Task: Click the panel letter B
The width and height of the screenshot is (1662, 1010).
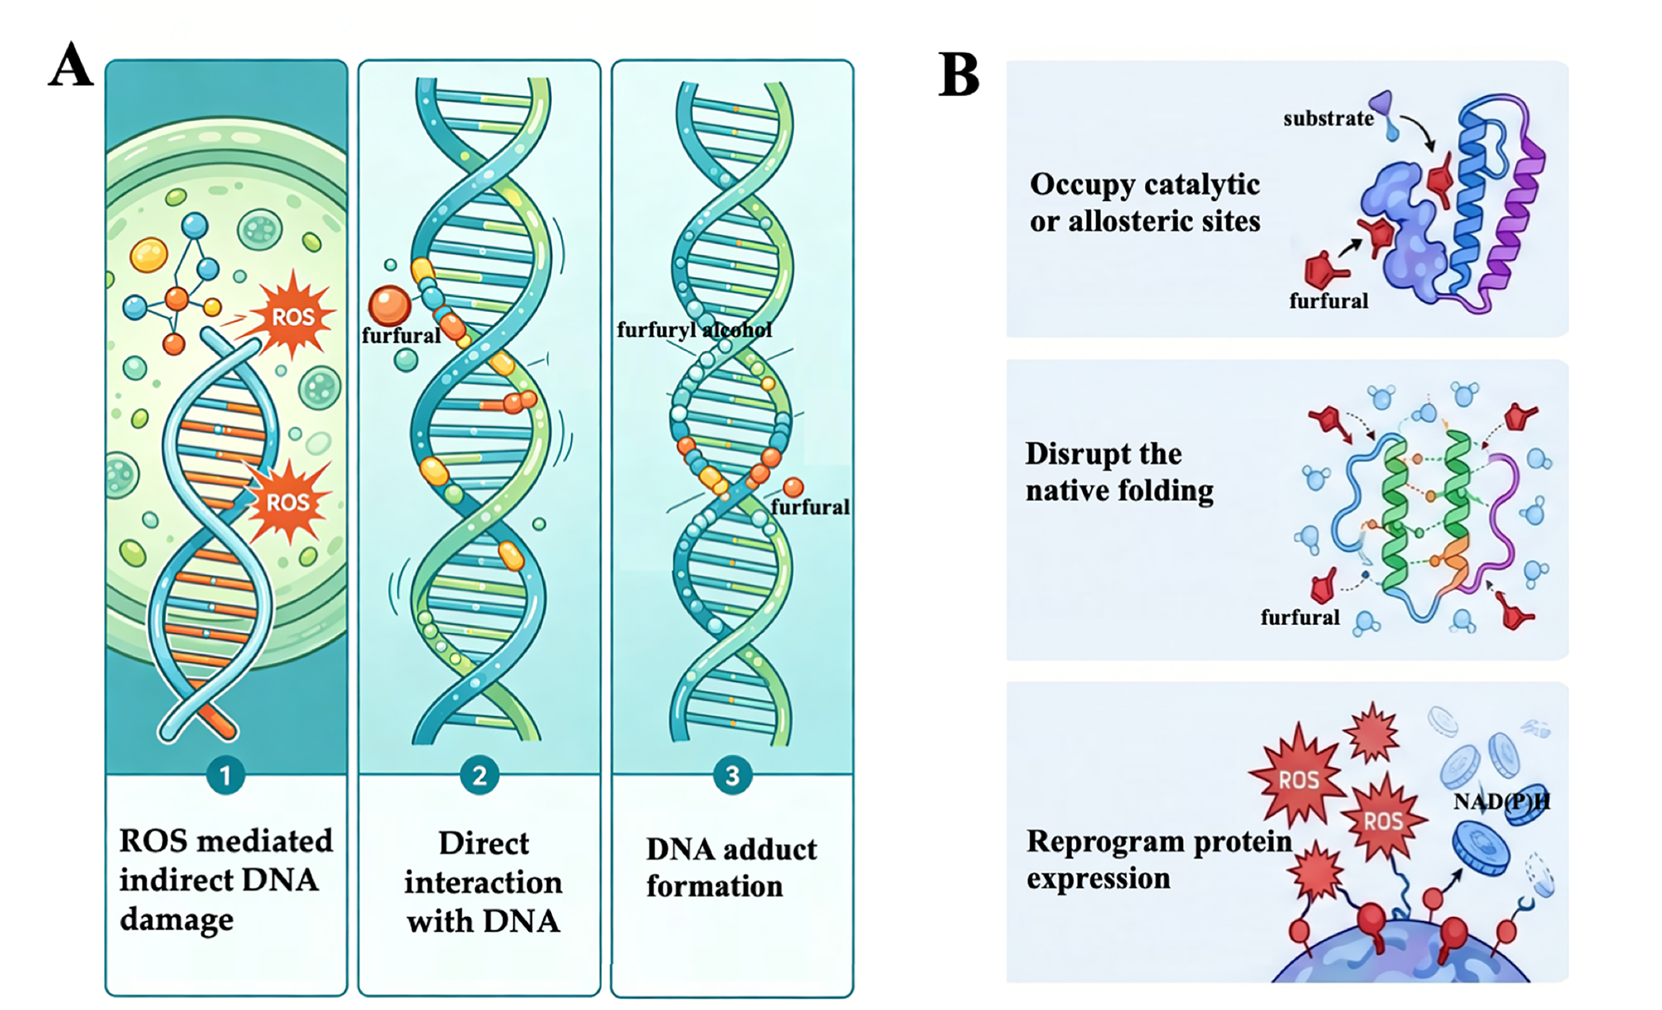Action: point(959,74)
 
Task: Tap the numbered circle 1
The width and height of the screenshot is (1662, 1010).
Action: point(226,775)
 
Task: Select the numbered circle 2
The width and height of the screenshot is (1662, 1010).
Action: point(479,775)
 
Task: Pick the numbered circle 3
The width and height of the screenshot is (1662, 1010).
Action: point(732,775)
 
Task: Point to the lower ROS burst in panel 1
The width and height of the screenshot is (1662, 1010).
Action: point(287,501)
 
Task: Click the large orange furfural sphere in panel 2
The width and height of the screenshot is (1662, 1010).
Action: point(389,306)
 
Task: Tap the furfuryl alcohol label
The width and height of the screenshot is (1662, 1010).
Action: point(694,330)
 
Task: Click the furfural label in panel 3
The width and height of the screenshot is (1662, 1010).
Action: point(810,507)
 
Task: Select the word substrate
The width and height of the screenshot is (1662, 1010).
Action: point(1328,118)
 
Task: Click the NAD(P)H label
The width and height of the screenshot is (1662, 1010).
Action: point(1502,801)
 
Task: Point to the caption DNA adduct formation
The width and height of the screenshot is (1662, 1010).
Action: point(731,867)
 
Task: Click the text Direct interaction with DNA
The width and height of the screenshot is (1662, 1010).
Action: point(484,882)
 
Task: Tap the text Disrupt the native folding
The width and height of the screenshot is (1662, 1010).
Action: point(1120,472)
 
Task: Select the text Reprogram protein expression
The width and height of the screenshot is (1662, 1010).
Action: point(1159,859)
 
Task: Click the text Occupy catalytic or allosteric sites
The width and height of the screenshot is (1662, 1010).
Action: point(1145,202)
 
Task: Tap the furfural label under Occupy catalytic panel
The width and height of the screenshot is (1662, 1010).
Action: point(1328,301)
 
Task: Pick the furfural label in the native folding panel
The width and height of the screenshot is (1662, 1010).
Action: point(1300,617)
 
